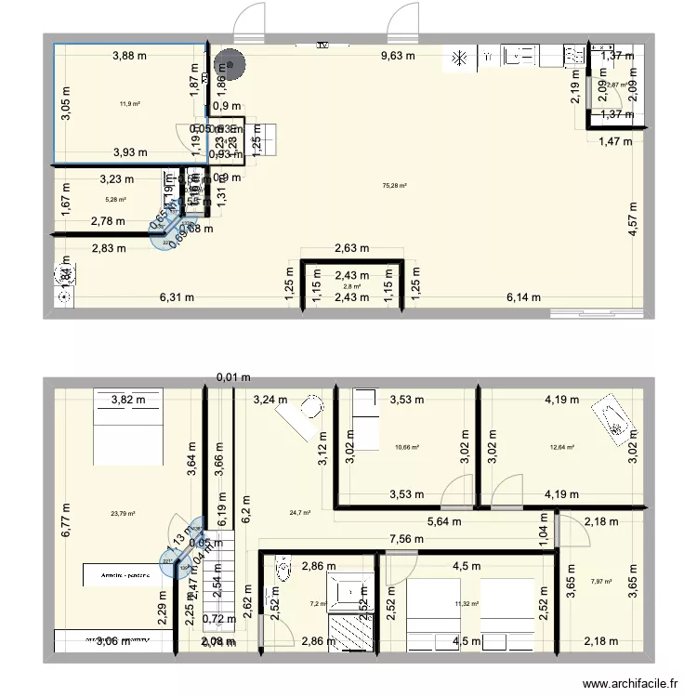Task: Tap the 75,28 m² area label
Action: pos(396,186)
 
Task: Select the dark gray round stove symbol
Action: pos(227,65)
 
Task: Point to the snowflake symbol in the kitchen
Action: pos(458,59)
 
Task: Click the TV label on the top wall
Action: pos(322,44)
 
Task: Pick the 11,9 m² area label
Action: pos(130,104)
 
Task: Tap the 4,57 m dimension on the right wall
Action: pos(633,221)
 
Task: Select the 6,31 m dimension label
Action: pos(177,297)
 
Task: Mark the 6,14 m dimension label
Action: pos(524,297)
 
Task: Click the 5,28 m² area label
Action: pos(115,199)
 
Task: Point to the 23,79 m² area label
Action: pos(123,513)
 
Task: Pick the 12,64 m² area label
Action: pos(562,447)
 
